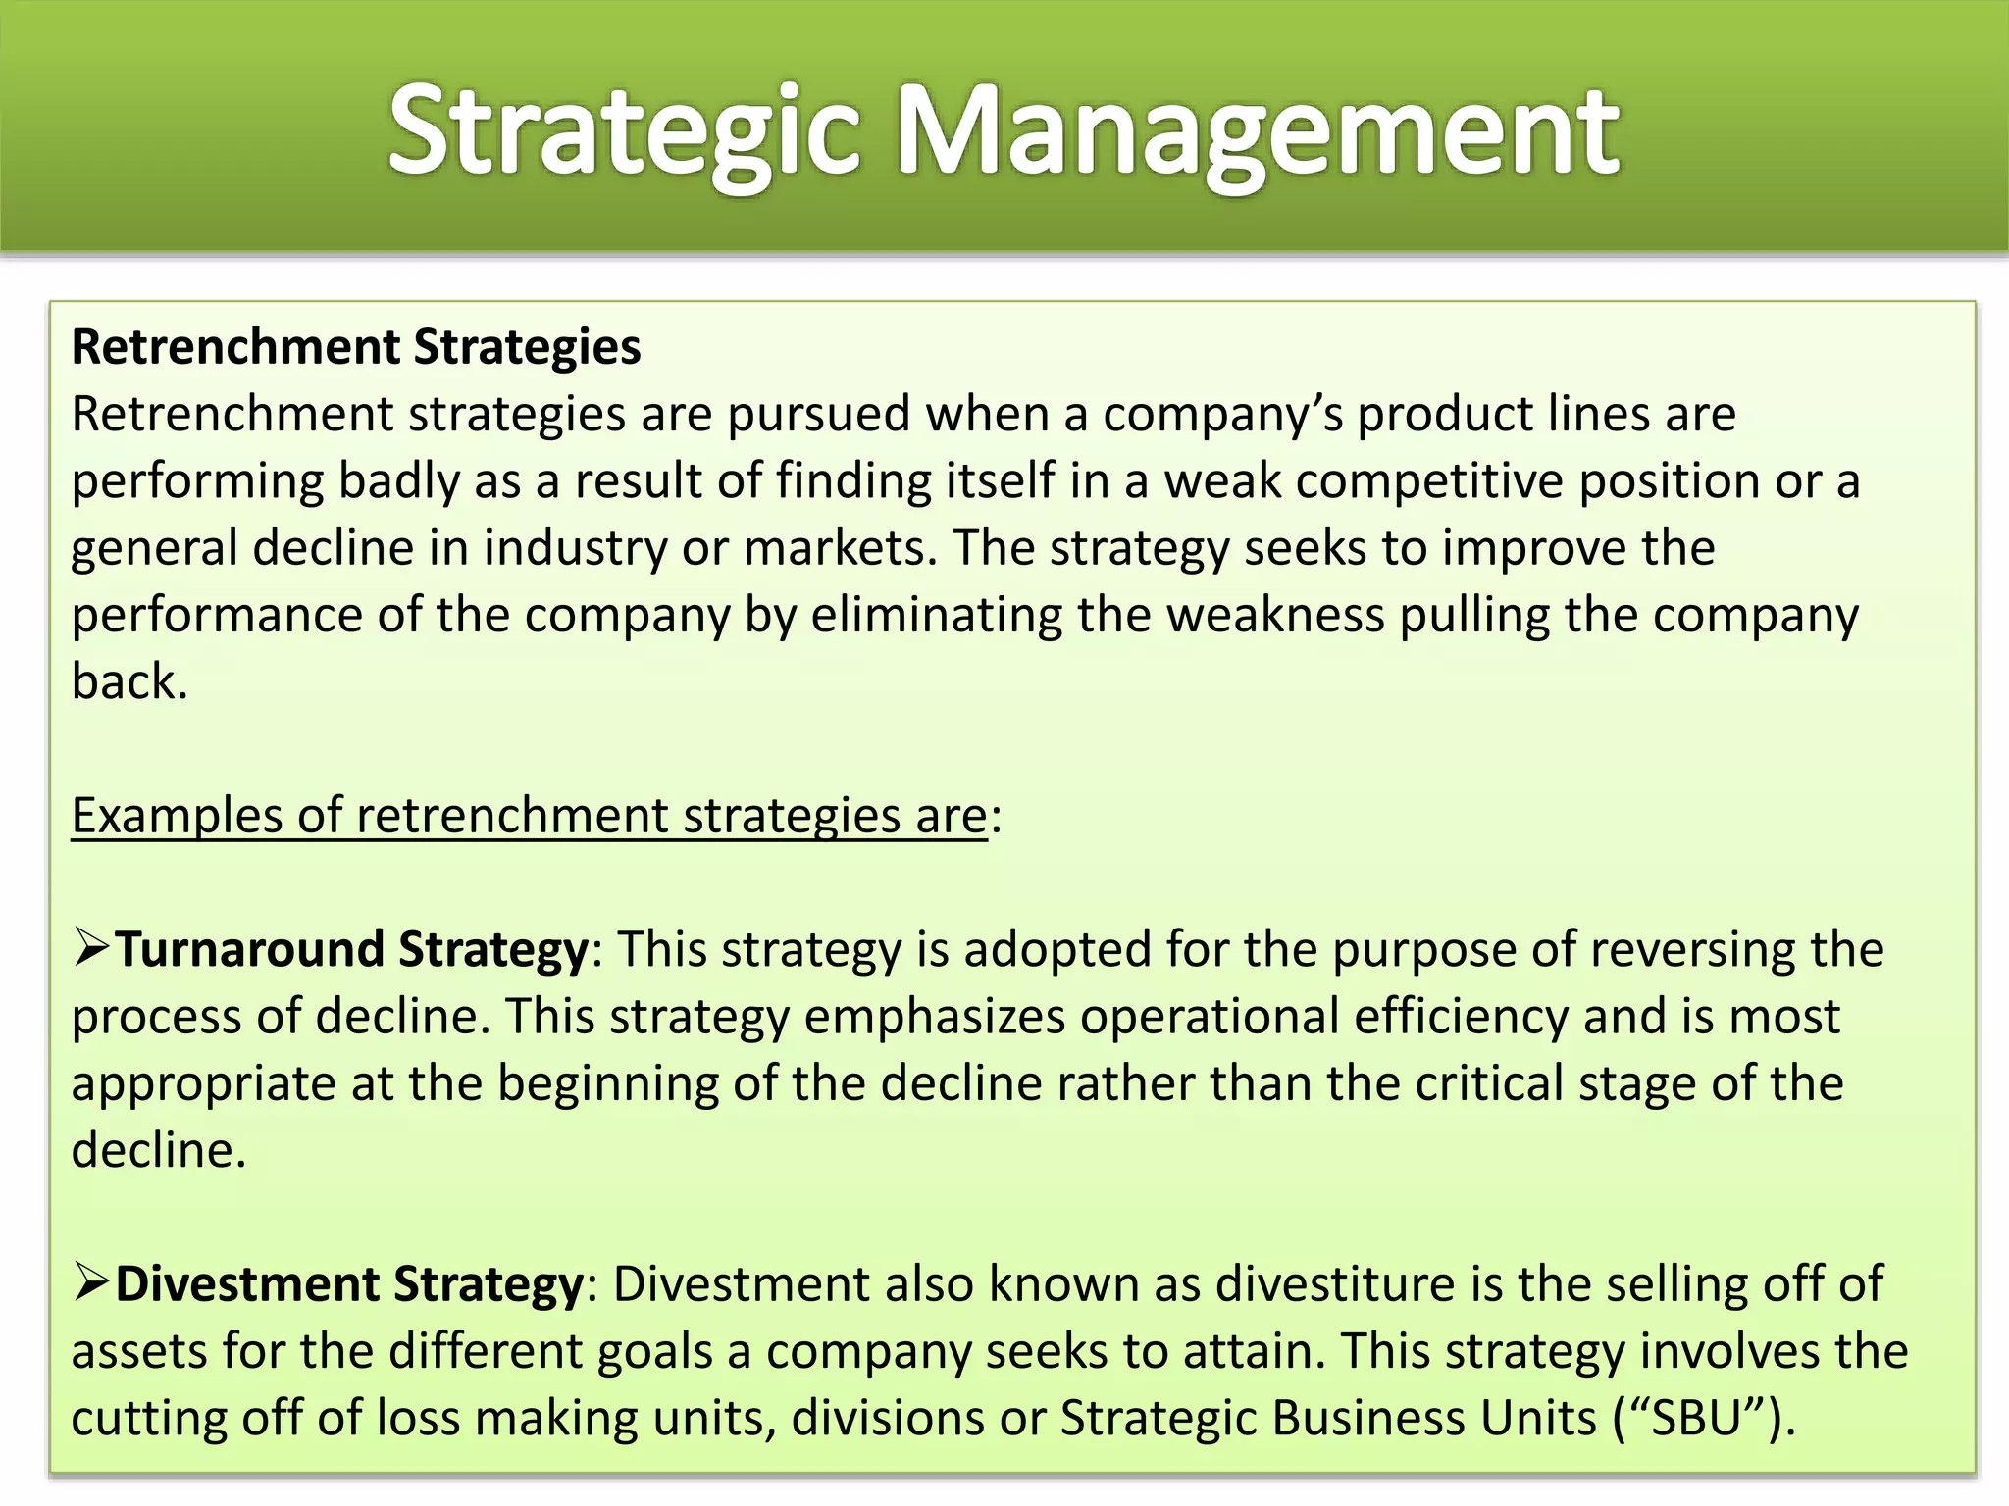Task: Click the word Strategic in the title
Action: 624,132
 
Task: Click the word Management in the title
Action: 1258,132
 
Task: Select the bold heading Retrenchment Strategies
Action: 356,347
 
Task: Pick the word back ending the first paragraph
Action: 128,681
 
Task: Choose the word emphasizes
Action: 934,1016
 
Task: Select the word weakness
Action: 1274,615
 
